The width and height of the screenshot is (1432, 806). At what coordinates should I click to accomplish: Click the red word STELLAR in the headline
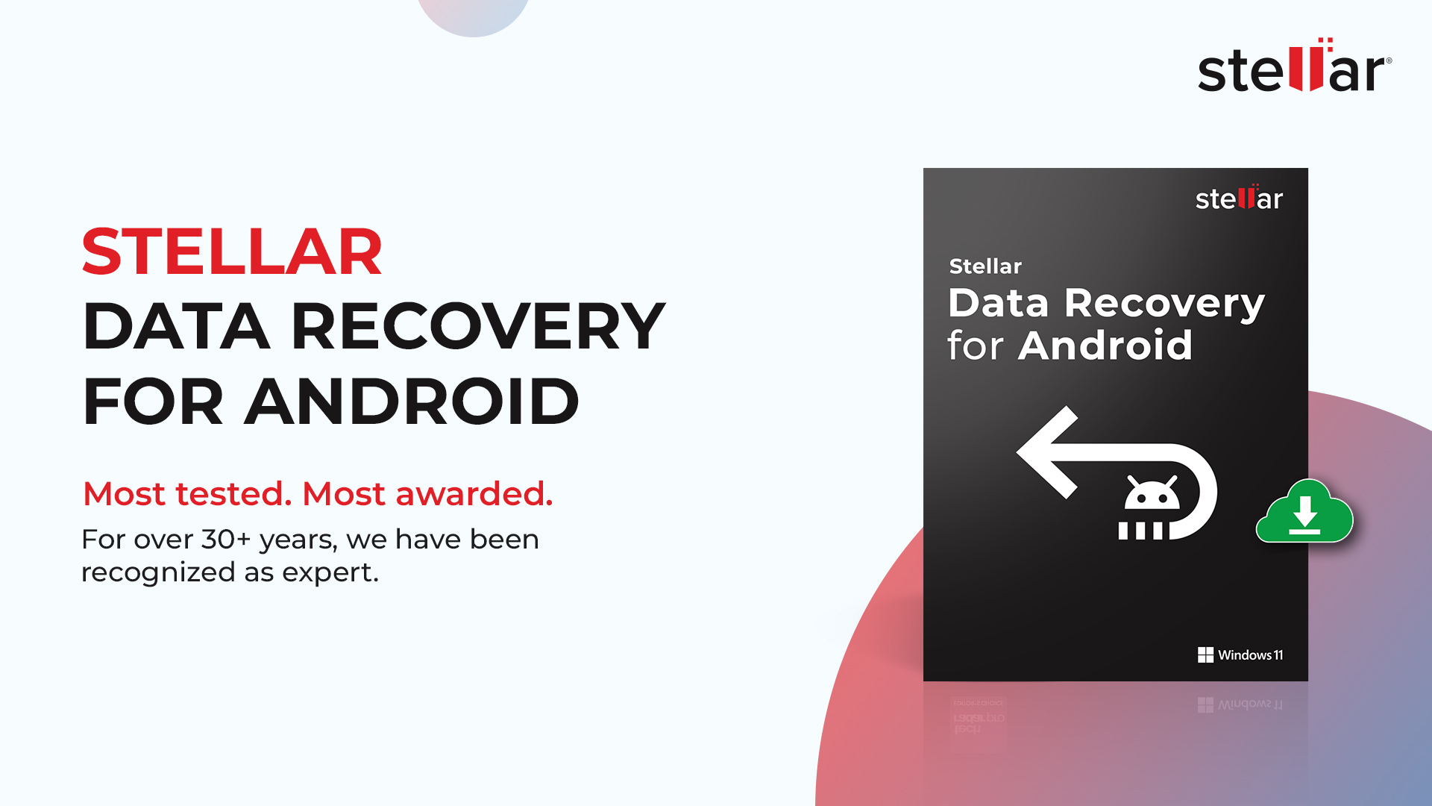click(232, 252)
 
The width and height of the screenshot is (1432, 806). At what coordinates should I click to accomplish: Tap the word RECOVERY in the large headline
click(478, 326)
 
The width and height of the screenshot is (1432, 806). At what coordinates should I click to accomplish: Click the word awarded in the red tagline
click(474, 494)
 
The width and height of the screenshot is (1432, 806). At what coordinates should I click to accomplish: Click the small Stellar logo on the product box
click(1239, 199)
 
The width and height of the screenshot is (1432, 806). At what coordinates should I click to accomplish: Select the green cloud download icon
click(1304, 513)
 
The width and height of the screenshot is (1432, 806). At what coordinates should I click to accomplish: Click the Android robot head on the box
click(1152, 494)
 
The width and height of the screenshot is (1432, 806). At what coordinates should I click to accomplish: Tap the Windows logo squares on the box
click(1205, 655)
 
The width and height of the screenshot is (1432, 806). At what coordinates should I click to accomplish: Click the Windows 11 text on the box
click(1251, 655)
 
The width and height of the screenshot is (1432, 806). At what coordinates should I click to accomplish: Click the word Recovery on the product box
click(1164, 304)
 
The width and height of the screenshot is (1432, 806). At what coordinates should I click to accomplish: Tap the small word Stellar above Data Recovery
click(985, 266)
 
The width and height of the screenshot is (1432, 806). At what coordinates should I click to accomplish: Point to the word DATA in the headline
click(176, 326)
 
